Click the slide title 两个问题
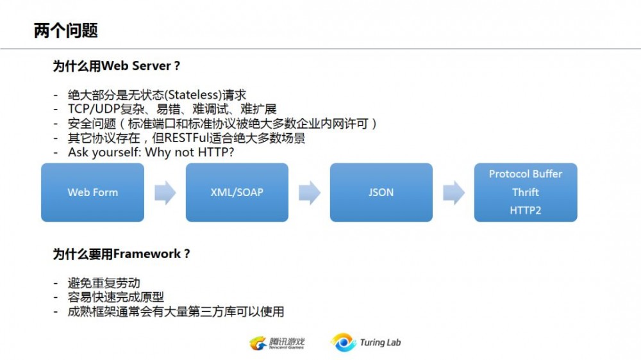pyautogui.click(x=66, y=31)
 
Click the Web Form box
pyautogui.click(x=93, y=192)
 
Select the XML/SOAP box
pyautogui.click(x=237, y=192)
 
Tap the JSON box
pyautogui.click(x=381, y=192)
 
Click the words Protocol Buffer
pyautogui.click(x=526, y=174)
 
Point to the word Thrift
pyautogui.click(x=526, y=192)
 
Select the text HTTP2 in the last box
pyautogui.click(x=526, y=211)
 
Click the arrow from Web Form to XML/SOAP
pyautogui.click(x=165, y=192)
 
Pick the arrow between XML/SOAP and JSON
pyautogui.click(x=310, y=192)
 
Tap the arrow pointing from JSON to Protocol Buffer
pyautogui.click(x=454, y=192)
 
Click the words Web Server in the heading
pyautogui.click(x=136, y=66)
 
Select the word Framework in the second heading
pyautogui.click(x=147, y=254)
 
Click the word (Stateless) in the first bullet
pyautogui.click(x=193, y=95)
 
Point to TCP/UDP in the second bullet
pyautogui.click(x=94, y=109)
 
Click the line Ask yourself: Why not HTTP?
pyautogui.click(x=151, y=152)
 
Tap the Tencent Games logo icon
pyautogui.click(x=258, y=343)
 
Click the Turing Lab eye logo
pyautogui.click(x=344, y=343)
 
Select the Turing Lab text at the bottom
pyautogui.click(x=380, y=343)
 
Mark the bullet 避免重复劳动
pyautogui.click(x=104, y=282)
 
